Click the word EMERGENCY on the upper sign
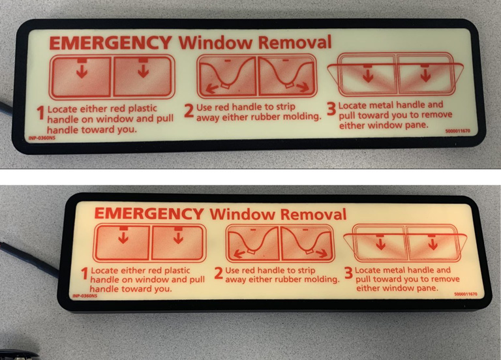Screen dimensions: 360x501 pyautogui.click(x=110, y=43)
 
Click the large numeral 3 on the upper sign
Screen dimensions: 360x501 pyautogui.click(x=331, y=110)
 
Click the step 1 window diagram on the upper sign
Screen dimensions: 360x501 pyautogui.click(x=112, y=76)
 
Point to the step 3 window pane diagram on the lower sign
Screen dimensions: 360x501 pyautogui.click(x=406, y=242)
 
